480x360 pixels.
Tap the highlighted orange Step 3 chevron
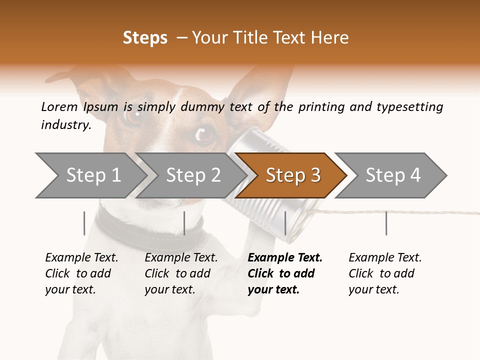293,175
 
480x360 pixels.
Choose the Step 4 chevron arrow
393,175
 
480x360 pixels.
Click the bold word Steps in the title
145,37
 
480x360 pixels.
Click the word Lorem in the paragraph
59,106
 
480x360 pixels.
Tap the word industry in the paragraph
65,124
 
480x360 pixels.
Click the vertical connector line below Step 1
84,223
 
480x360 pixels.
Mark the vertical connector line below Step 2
184,223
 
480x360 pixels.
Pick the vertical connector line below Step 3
285,223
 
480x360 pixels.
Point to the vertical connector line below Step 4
386,223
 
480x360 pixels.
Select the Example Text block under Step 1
81,273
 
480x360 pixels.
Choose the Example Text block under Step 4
385,273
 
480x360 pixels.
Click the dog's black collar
150,225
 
